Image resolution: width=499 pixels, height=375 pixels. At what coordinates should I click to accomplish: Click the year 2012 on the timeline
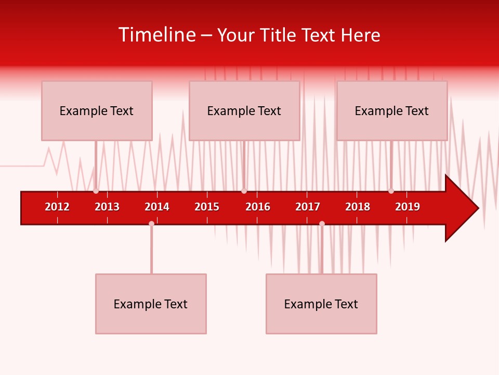click(57, 207)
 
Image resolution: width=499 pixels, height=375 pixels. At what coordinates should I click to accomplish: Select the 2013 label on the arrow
click(107, 207)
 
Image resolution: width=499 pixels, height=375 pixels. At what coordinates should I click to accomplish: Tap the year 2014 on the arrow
click(157, 207)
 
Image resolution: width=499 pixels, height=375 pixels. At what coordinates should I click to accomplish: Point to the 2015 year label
click(207, 207)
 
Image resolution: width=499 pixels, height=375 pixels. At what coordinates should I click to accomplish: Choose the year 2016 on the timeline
click(258, 207)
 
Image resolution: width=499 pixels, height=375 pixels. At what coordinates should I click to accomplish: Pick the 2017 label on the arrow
click(308, 207)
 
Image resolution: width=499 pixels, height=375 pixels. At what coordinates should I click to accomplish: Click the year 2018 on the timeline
click(358, 207)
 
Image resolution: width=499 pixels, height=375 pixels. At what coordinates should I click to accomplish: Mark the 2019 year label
click(408, 207)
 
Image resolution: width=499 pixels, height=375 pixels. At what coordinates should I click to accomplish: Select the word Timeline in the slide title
click(156, 35)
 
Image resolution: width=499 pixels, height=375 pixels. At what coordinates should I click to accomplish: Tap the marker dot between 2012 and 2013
click(96, 191)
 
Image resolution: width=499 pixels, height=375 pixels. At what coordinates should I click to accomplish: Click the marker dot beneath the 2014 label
click(151, 223)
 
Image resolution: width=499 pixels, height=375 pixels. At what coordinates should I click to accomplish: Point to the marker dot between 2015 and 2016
click(244, 191)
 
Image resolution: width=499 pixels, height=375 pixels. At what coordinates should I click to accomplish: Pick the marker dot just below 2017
click(322, 223)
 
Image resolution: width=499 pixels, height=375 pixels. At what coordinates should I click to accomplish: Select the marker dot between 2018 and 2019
click(391, 191)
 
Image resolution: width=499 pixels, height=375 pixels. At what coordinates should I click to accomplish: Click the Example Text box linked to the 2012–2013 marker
click(97, 110)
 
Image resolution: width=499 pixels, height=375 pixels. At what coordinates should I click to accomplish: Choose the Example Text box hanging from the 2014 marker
click(151, 304)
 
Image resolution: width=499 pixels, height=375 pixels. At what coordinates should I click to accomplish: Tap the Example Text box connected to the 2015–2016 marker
click(244, 110)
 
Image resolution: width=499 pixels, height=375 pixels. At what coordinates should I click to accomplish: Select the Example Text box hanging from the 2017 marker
click(321, 304)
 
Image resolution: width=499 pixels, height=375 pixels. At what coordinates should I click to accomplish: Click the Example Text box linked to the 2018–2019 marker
click(392, 110)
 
